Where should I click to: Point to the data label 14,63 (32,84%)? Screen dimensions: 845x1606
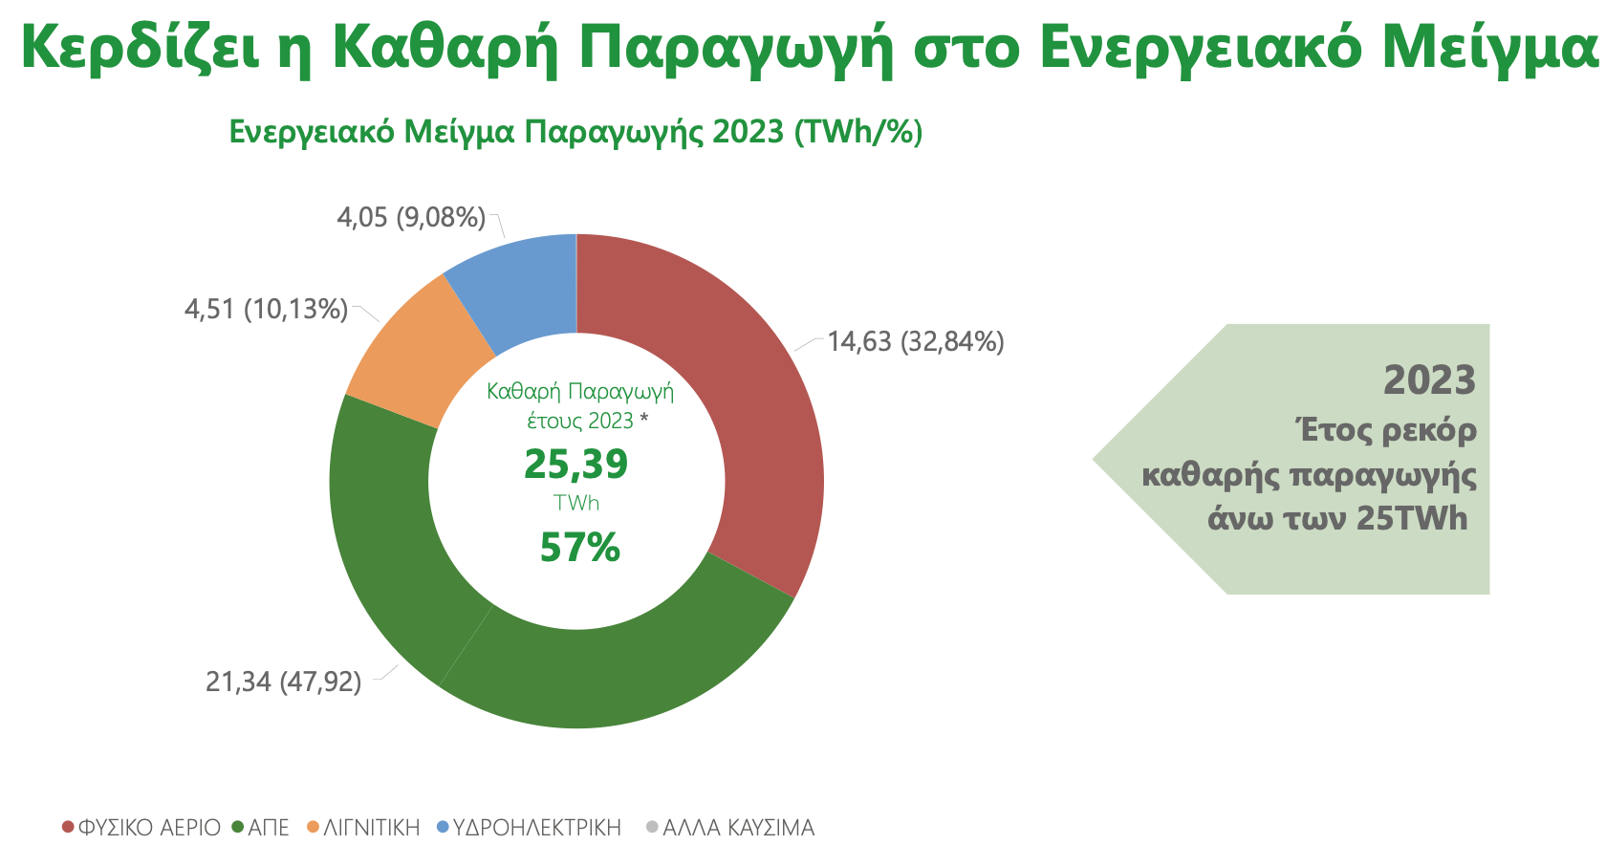pyautogui.click(x=915, y=341)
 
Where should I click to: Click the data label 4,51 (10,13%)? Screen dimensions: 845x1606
pyautogui.click(x=266, y=309)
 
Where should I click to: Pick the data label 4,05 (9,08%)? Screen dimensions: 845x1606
pyautogui.click(x=411, y=217)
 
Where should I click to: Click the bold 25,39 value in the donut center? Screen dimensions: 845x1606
pyautogui.click(x=575, y=464)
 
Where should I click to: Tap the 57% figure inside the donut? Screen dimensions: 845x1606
pyautogui.click(x=579, y=548)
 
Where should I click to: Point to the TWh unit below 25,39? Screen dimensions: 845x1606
pyautogui.click(x=575, y=503)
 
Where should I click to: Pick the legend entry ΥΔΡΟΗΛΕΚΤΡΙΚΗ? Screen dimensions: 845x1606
pyautogui.click(x=536, y=827)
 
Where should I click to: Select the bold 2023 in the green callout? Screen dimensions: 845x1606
pyautogui.click(x=1429, y=380)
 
